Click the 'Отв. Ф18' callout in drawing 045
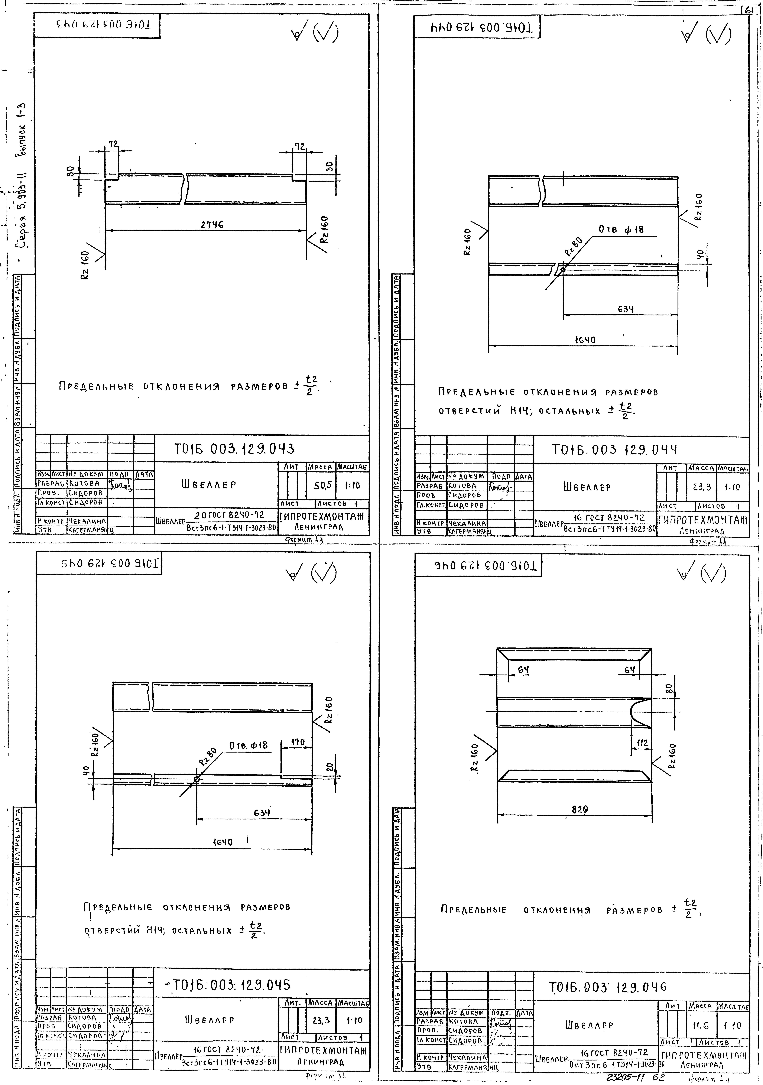coord(249,745)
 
